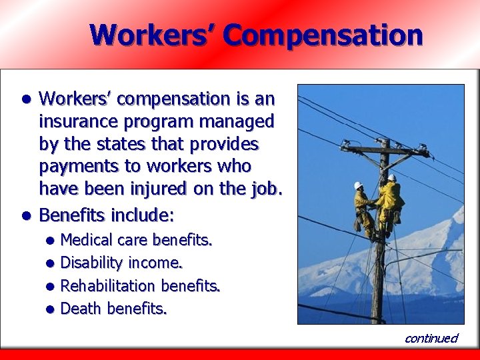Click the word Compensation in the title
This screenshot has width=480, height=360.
click(323, 35)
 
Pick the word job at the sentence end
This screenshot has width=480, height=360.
click(265, 189)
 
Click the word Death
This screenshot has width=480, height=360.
click(81, 309)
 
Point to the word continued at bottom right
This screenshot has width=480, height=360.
click(431, 338)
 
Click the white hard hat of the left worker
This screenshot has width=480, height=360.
click(358, 185)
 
